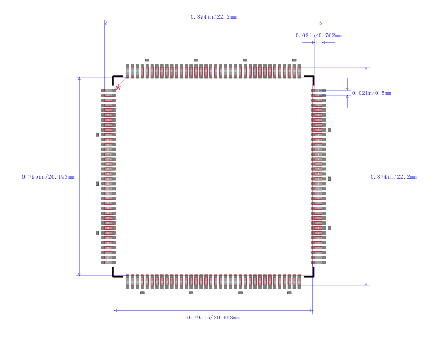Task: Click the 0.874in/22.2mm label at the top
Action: tap(214, 17)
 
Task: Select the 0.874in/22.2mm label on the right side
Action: tap(393, 176)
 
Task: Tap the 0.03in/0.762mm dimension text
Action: tap(319, 36)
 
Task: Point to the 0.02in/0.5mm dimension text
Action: tap(372, 93)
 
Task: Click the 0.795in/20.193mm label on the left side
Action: tap(48, 176)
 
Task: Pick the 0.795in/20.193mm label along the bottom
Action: tap(214, 317)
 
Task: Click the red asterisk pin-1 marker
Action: tap(118, 88)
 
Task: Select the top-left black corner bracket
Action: tap(118, 81)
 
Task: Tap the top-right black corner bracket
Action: tap(309, 81)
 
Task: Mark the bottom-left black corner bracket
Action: tap(118, 272)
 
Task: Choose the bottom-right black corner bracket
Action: tap(309, 272)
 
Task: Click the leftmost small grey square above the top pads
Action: tap(147, 60)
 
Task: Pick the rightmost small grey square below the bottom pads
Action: tap(290, 293)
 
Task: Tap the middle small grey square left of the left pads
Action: tap(97, 184)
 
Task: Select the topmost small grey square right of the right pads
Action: tap(330, 130)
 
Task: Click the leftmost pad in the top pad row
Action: tap(128, 71)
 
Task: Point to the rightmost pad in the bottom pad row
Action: tap(299, 282)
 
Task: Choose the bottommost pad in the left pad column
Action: tap(108, 262)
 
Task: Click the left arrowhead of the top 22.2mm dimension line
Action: tap(106, 24)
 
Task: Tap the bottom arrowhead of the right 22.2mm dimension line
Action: tap(366, 284)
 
